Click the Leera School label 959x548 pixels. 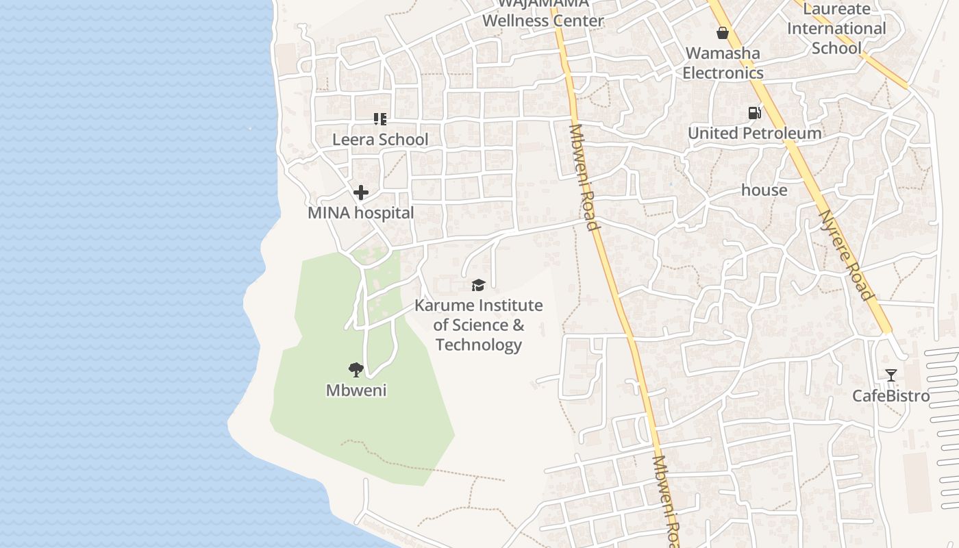380,140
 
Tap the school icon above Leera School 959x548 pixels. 380,119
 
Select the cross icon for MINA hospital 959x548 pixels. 361,192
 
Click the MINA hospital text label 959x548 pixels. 360,213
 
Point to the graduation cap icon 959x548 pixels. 478,285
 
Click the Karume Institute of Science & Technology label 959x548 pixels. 478,325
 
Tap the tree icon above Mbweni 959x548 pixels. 356,370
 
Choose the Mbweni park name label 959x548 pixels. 356,390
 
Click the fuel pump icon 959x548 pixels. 754,113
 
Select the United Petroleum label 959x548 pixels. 754,134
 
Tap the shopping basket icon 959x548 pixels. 722,33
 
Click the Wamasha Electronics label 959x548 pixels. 723,63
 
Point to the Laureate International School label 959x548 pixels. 836,29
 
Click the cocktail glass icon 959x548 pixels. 891,375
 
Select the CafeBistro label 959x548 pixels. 891,396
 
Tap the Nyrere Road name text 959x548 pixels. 847,255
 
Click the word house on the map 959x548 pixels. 764,190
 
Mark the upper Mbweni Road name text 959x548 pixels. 584,177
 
